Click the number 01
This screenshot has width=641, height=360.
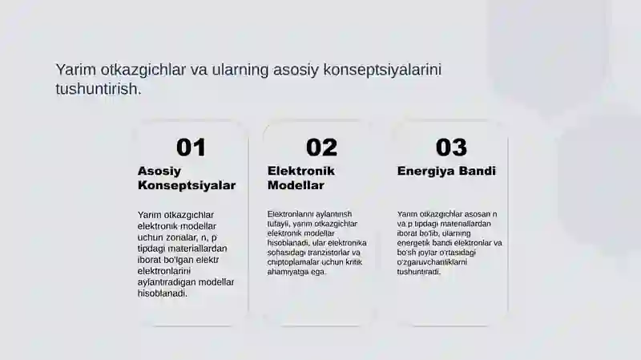point(191,148)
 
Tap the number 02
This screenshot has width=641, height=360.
point(321,148)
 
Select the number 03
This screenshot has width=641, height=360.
point(451,148)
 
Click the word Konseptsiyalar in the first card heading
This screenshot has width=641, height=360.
point(187,185)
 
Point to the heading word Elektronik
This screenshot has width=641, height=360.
point(300,171)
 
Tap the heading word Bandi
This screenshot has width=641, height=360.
point(480,171)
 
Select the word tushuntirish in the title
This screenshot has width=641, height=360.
point(97,89)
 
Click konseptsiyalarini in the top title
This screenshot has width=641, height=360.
point(383,70)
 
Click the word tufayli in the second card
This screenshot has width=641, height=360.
point(280,224)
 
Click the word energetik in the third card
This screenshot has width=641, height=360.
point(415,243)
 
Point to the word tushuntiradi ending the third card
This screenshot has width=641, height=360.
point(419,272)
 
